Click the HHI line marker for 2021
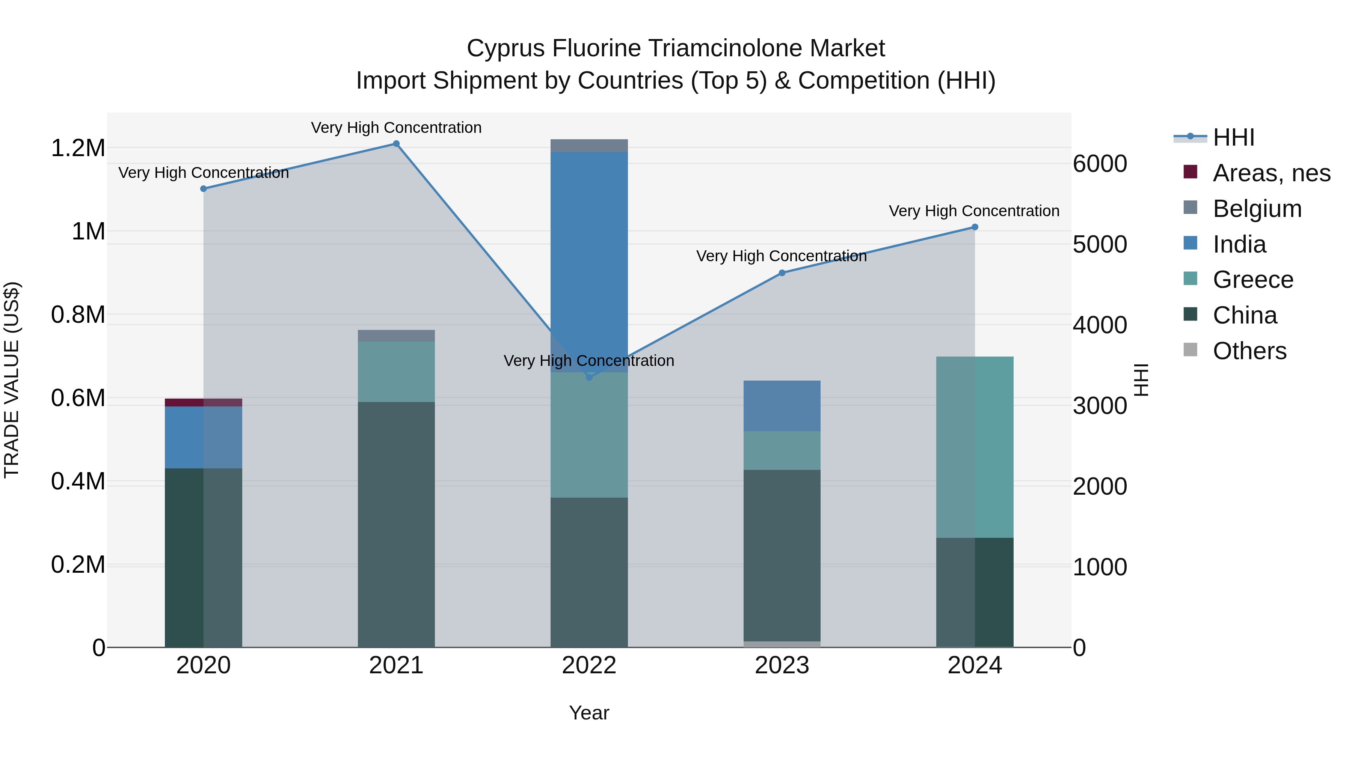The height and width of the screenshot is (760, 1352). (x=396, y=144)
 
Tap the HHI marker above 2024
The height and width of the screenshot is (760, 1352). (x=975, y=227)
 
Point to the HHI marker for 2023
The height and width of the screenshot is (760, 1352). (x=782, y=273)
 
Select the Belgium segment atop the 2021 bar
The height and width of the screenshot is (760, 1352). (x=396, y=336)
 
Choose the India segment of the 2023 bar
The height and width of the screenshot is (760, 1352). (x=782, y=406)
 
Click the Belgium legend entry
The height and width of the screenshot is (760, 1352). (x=1257, y=209)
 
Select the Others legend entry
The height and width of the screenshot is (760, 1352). (x=1249, y=351)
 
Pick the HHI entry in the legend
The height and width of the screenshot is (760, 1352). (x=1233, y=137)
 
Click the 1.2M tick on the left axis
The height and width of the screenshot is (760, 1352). (x=78, y=148)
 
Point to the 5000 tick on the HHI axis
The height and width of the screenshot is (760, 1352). (x=1100, y=244)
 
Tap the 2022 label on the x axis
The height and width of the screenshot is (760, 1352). (x=589, y=665)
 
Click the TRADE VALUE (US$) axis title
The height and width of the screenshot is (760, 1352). (x=12, y=380)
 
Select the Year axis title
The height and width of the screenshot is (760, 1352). (x=589, y=713)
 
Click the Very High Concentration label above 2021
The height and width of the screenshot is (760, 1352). (x=396, y=128)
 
